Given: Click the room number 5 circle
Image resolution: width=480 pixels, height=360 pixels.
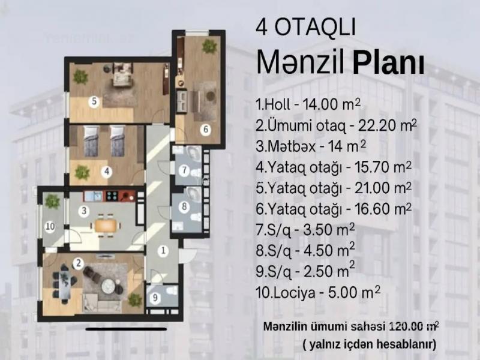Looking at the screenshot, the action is click(94, 101).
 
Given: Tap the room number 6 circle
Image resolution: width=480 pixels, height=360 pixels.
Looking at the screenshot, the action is click(206, 130).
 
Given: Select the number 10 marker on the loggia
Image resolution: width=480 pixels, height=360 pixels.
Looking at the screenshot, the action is click(50, 227).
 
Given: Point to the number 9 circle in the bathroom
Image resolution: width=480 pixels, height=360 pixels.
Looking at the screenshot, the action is click(155, 298).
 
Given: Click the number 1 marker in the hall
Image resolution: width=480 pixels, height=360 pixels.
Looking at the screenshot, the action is click(163, 251).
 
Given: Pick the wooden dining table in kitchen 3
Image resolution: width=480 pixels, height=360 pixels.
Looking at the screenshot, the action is click(106, 226).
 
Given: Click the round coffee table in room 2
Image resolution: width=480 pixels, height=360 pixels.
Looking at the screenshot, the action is click(109, 286).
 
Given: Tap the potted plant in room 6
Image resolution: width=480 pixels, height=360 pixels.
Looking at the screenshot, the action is click(209, 47).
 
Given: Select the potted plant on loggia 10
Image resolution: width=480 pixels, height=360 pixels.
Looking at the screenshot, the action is click(52, 202).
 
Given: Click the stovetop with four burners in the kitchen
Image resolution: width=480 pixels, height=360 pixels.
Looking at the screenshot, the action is click(112, 196).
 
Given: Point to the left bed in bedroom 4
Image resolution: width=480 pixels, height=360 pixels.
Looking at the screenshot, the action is click(91, 141).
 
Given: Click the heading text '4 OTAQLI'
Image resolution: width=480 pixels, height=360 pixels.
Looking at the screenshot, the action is click(305, 27).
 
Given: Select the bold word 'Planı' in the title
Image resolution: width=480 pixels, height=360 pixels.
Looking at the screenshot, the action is click(388, 64).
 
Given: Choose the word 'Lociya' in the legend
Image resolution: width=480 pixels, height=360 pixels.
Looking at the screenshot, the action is click(294, 293).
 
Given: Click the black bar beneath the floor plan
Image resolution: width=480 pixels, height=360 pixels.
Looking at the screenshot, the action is click(126, 329).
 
